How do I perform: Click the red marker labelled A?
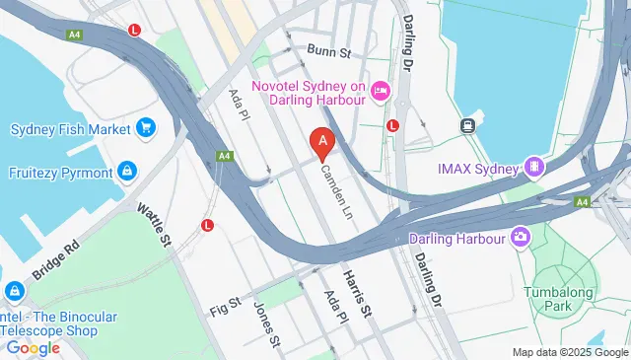(321, 143)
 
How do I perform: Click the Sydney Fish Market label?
(71, 129)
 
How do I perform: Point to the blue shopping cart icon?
(146, 128)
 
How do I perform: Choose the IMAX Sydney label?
(478, 168)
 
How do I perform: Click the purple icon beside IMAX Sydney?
(534, 167)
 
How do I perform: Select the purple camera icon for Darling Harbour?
(520, 237)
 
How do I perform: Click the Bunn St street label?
(328, 49)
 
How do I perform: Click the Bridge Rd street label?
(54, 259)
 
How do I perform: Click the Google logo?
(33, 347)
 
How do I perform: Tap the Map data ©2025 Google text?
(570, 352)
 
